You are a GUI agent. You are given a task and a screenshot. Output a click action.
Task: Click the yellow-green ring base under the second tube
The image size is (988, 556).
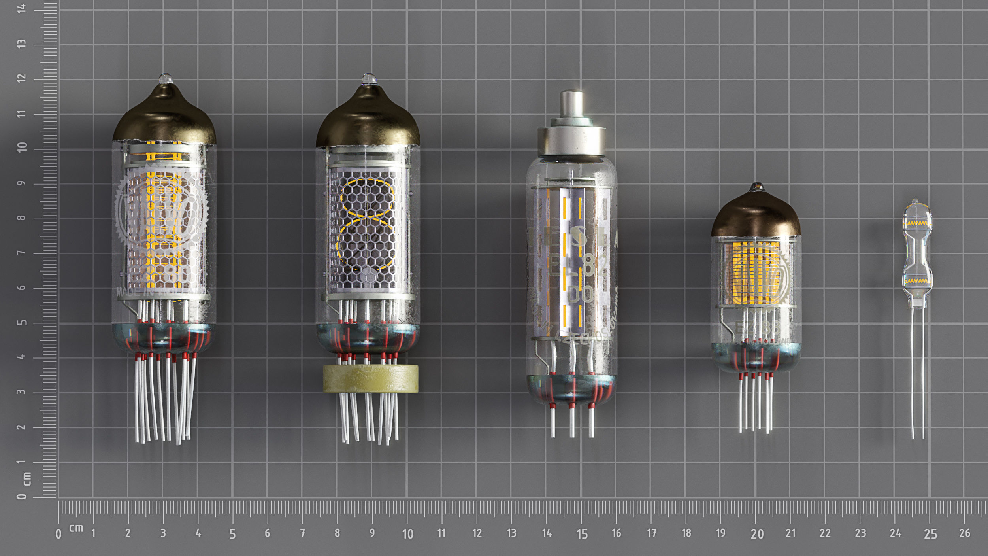click(370, 378)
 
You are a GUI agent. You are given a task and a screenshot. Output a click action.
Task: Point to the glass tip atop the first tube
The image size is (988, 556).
click(166, 78)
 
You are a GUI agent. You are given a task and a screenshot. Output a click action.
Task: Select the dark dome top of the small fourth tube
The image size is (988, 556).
click(756, 216)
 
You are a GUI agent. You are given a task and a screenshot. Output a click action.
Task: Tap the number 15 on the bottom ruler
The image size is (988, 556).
click(582, 534)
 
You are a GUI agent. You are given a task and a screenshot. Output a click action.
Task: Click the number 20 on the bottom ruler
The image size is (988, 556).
click(757, 534)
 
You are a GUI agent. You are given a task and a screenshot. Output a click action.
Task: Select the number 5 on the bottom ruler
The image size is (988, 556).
click(232, 534)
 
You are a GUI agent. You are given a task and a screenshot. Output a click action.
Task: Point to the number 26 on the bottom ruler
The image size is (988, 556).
click(964, 533)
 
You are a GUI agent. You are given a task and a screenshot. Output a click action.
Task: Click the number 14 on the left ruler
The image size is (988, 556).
click(21, 8)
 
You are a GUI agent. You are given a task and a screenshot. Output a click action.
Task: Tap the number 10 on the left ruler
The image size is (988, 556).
click(22, 147)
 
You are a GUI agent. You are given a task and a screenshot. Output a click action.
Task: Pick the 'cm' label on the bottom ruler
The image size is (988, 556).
click(76, 528)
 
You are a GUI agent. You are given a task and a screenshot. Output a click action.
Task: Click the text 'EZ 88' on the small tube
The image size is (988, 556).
click(757, 327)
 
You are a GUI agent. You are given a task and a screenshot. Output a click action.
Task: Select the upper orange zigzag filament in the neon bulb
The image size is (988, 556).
click(917, 223)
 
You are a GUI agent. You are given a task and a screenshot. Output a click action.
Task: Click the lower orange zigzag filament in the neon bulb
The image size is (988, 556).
click(917, 281)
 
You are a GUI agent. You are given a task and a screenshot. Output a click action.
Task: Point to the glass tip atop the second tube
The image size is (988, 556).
click(369, 78)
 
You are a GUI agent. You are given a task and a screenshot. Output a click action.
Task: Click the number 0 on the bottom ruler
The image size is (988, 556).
click(58, 534)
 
